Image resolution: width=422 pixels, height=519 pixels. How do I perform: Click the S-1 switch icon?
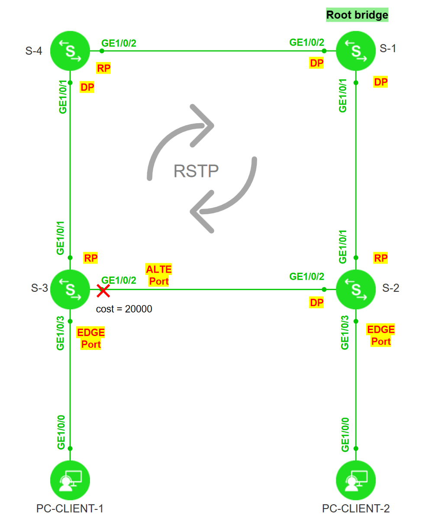click(356, 51)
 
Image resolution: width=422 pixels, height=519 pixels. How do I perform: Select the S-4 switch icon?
click(70, 51)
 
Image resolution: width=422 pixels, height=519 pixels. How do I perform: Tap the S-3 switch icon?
click(70, 289)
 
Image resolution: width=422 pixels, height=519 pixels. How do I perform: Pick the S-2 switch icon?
click(356, 289)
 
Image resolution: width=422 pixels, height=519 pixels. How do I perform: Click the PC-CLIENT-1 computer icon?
click(70, 480)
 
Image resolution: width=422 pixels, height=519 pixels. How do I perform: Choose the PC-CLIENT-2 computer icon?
click(356, 480)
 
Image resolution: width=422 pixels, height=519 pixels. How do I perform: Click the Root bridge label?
click(357, 15)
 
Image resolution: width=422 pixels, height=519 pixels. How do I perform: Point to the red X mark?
click(103, 291)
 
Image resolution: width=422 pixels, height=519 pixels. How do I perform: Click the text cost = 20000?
click(124, 309)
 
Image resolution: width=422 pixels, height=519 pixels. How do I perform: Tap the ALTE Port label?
click(159, 275)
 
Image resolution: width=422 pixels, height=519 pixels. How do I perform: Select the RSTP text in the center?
click(196, 171)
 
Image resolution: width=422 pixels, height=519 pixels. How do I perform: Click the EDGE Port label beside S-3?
click(91, 339)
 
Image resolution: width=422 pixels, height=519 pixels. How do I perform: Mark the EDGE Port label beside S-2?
click(381, 335)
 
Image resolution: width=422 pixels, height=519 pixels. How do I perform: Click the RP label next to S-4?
click(103, 68)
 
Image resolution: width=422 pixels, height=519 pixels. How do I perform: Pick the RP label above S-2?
click(381, 258)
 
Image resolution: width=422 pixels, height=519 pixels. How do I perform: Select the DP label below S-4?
click(87, 87)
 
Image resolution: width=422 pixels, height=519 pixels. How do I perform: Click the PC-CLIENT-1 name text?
click(70, 508)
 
